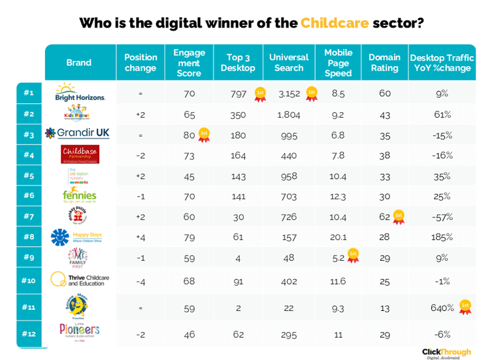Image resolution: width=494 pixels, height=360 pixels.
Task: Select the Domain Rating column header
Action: (384, 63)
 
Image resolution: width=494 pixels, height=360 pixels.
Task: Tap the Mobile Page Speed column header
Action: (338, 63)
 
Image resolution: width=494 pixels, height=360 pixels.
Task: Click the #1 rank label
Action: (28, 93)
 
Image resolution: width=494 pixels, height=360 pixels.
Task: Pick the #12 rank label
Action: (28, 333)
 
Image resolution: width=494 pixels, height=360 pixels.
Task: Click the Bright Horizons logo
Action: (80, 92)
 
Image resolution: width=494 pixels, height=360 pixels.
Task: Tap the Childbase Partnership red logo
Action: (80, 154)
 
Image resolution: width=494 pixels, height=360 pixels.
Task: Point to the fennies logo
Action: (79, 195)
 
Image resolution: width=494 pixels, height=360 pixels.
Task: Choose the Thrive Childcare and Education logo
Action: (79, 280)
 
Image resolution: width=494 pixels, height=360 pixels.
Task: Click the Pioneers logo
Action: (79, 332)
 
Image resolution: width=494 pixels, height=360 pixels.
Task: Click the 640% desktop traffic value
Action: (442, 307)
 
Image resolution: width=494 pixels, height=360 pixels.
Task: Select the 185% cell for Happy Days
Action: (443, 236)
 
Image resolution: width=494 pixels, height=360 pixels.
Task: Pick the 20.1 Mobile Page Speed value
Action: (338, 236)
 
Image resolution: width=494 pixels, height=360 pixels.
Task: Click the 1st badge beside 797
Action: (260, 93)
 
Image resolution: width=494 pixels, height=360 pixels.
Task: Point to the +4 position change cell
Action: (140, 236)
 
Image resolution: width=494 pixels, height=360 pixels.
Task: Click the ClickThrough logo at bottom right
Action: (446, 353)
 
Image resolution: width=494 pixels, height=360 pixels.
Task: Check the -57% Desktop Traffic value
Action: (443, 216)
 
